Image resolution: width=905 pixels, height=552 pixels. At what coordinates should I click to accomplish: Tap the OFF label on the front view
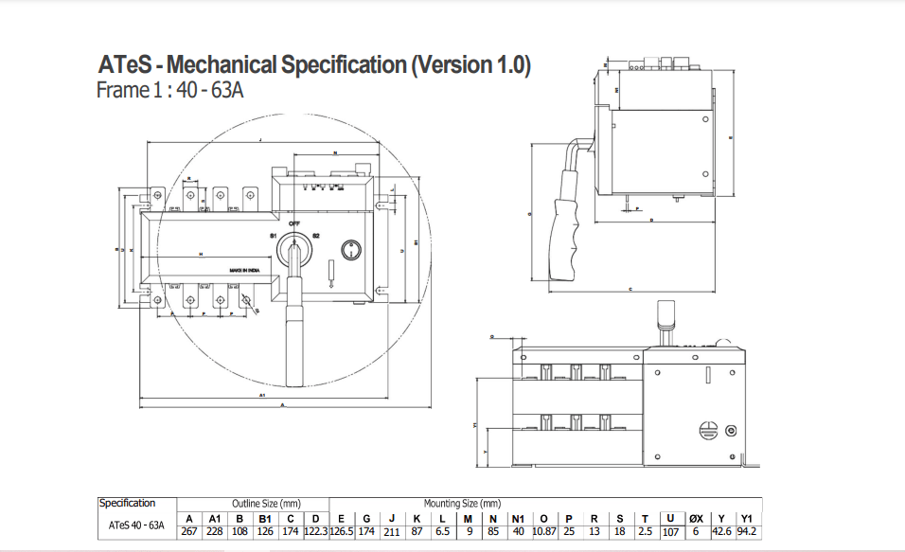293,223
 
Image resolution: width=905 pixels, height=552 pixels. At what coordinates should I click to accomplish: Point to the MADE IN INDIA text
245,271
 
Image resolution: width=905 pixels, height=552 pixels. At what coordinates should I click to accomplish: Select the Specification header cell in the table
128,504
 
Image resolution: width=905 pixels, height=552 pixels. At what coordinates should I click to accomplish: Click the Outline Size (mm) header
266,504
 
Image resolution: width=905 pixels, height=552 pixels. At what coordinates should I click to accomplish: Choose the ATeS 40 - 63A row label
137,525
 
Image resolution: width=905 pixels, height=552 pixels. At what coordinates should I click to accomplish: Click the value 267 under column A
189,531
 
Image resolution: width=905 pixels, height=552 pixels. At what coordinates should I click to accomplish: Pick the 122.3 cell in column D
315,531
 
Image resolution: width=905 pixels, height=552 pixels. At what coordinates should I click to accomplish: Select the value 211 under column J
392,531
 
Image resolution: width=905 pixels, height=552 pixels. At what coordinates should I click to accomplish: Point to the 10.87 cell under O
543,531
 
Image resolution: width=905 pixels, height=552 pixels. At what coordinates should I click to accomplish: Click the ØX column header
696,518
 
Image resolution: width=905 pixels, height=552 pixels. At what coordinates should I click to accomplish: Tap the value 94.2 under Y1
747,531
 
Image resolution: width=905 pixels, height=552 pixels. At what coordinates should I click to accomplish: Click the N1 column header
518,518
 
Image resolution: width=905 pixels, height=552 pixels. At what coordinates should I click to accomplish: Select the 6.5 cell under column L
442,531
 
